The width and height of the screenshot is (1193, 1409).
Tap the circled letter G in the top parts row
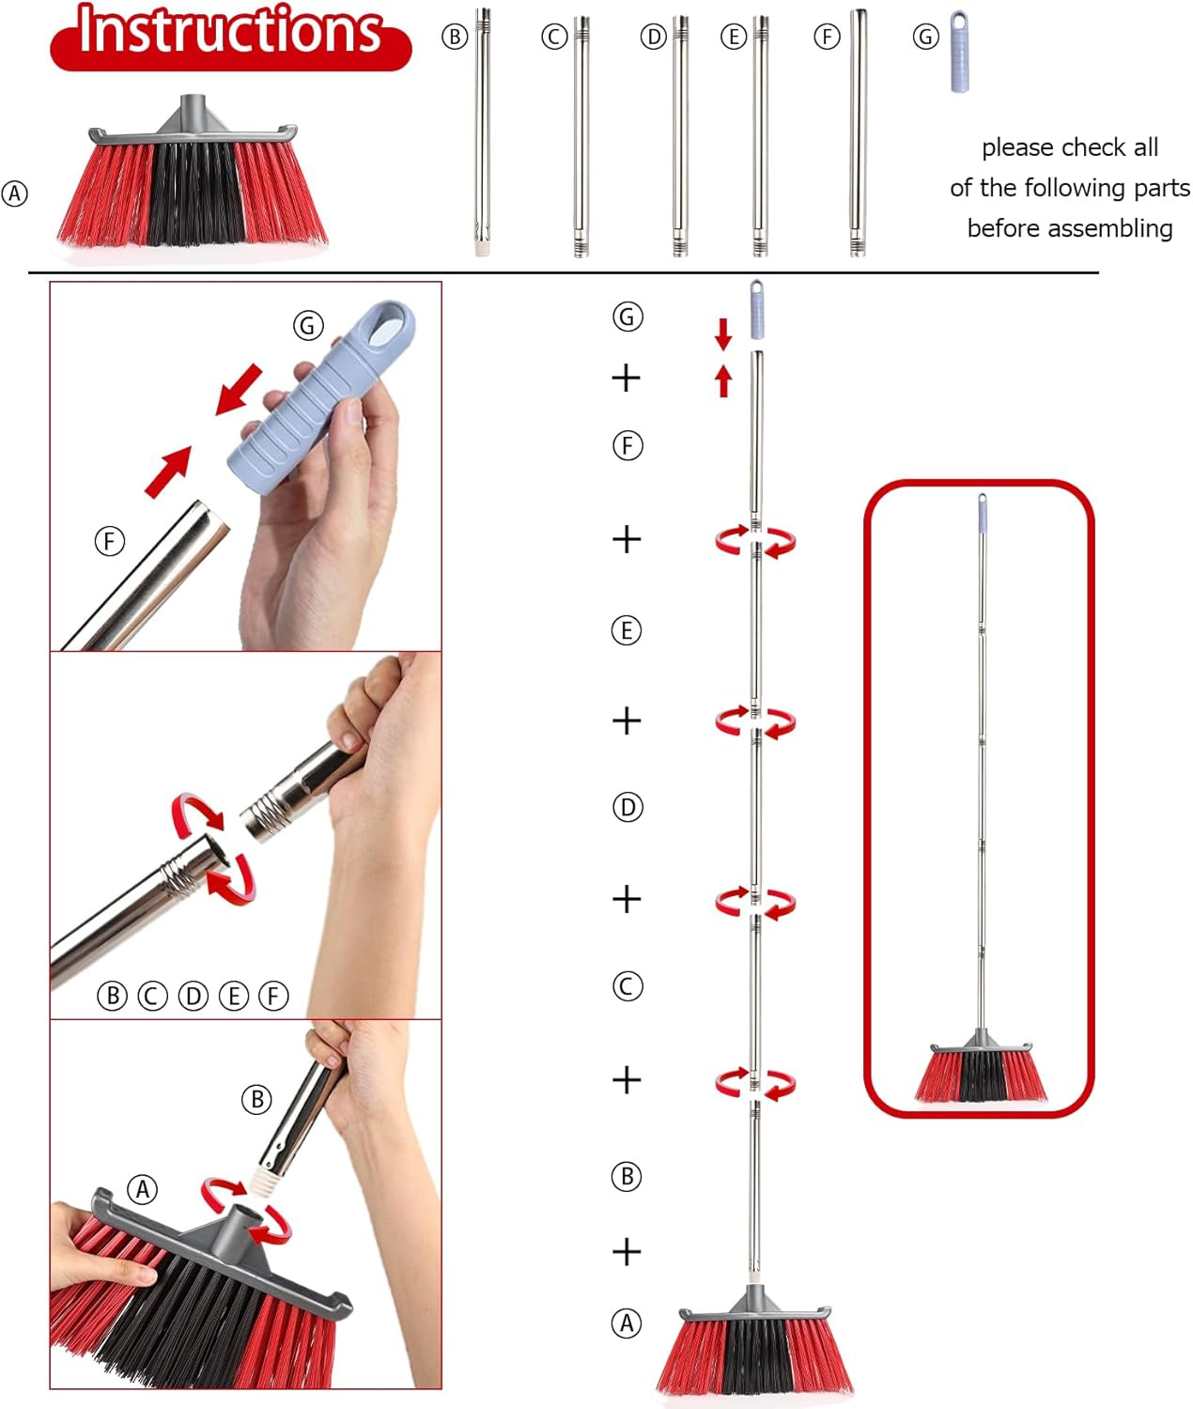pos(925,37)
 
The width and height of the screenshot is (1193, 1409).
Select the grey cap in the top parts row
pos(960,51)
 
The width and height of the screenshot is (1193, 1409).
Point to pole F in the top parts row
pos(859,132)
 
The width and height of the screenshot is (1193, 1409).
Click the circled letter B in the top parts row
pos(455,37)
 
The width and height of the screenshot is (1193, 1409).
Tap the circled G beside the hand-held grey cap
pos(308,326)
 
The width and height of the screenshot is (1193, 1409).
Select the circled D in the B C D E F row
pos(193,996)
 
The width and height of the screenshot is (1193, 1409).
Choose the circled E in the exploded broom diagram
pos(627,630)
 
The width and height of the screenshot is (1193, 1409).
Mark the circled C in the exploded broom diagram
pos(627,985)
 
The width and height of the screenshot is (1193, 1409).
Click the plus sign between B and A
pos(627,1252)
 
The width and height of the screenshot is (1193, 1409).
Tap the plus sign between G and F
pos(627,378)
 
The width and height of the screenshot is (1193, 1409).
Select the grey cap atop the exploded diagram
pos(757,309)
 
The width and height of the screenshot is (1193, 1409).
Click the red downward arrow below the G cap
pos(723,333)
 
